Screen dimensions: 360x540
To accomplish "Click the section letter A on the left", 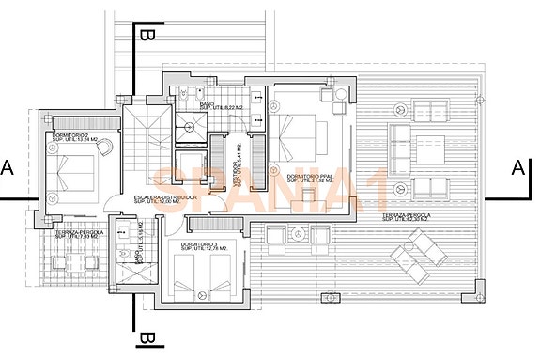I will click(8, 168).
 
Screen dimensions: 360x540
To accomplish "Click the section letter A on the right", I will click(517, 168).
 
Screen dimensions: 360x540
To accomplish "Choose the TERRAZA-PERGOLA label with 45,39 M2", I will click(406, 218).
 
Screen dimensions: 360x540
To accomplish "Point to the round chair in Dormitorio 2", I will click(103, 147).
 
